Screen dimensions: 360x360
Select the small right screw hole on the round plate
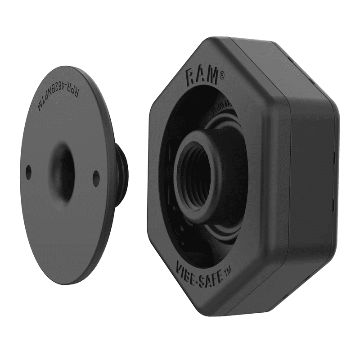pos(96,178)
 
